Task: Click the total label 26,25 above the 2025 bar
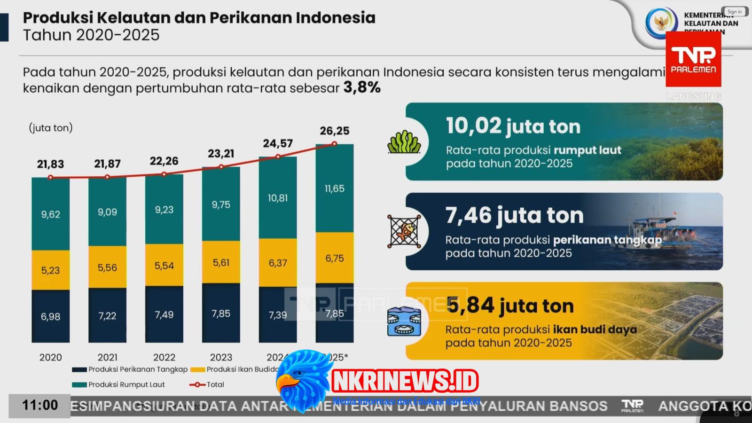tap(334, 131)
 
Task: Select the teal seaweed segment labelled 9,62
tap(50, 214)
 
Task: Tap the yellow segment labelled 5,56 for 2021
tap(107, 267)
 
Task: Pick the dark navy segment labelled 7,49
tap(164, 314)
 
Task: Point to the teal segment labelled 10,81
tap(278, 198)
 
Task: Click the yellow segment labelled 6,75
tap(334, 258)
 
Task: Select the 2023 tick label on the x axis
tap(221, 357)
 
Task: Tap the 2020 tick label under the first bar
tap(50, 357)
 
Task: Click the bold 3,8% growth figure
tap(362, 87)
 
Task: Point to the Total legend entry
tap(207, 384)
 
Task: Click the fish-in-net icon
tap(404, 231)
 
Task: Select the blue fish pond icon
tap(404, 321)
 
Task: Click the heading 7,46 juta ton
tap(514, 215)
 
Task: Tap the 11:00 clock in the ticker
tap(40, 405)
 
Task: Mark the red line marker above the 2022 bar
tap(164, 174)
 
